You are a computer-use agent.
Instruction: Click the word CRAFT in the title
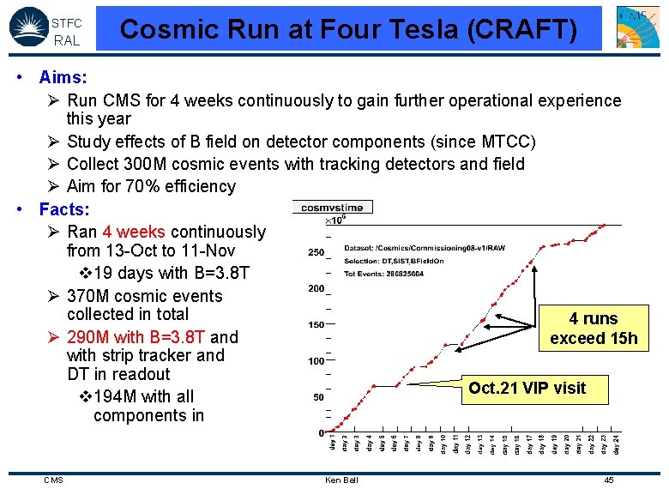pyautogui.click(x=531, y=29)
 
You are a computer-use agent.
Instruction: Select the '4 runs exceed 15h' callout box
pyautogui.click(x=594, y=329)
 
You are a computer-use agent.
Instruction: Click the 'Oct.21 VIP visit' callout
pyautogui.click(x=527, y=388)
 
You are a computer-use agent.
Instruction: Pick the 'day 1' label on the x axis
pyautogui.click(x=333, y=444)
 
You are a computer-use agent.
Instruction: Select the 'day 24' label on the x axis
pyautogui.click(x=615, y=444)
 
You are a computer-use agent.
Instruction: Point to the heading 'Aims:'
pyautogui.click(x=63, y=78)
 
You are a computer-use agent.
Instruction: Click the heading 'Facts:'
pyautogui.click(x=64, y=209)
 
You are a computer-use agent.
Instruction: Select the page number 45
pyautogui.click(x=608, y=480)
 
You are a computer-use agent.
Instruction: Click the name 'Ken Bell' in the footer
pyautogui.click(x=341, y=480)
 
